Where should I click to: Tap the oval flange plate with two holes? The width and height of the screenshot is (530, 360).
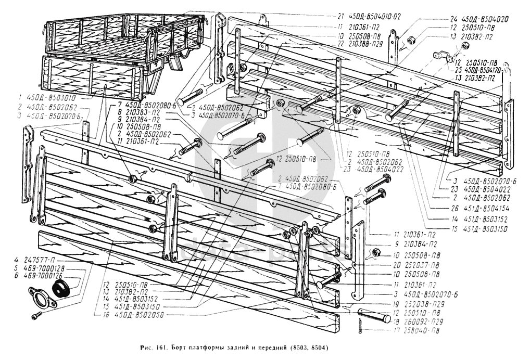point(40,299)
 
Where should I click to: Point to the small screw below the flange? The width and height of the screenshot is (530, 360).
point(37,315)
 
